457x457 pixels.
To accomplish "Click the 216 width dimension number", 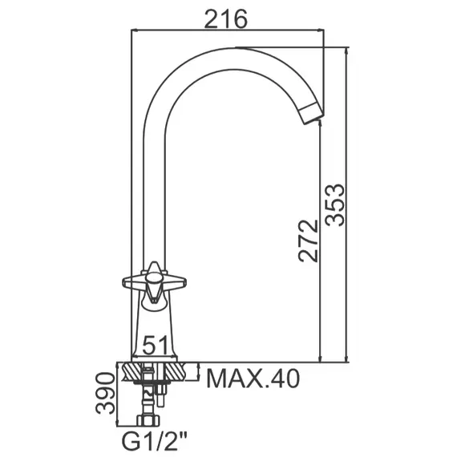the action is pos(226,19).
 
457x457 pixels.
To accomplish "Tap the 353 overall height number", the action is pos(335,205).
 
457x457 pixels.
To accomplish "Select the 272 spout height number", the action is pos(309,241).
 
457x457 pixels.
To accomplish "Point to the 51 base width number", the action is pos(156,345).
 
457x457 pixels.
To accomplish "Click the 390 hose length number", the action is pos(105,393).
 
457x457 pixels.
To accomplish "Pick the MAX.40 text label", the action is pos(253,378).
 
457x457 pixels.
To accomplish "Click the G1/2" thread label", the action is pos(155,441).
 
